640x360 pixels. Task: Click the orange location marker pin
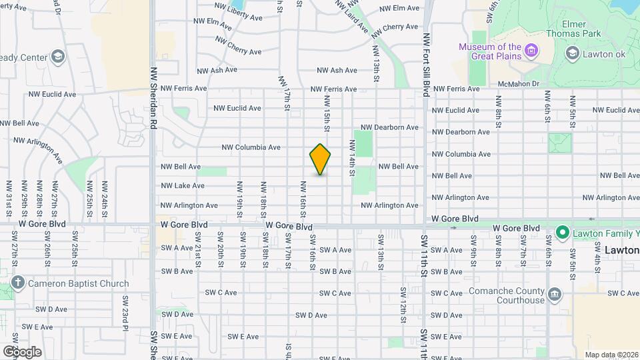[320, 159]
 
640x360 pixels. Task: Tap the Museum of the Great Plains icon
[531, 51]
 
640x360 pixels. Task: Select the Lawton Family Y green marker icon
[562, 233]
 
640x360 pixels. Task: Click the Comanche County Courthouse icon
[554, 295]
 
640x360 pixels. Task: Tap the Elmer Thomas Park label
[573, 27]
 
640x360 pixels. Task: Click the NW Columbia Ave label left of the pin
[251, 147]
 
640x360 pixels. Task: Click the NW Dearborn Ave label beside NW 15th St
[389, 127]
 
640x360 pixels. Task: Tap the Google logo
[21, 351]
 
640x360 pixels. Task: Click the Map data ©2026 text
[611, 355]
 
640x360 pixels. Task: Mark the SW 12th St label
[403, 304]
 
